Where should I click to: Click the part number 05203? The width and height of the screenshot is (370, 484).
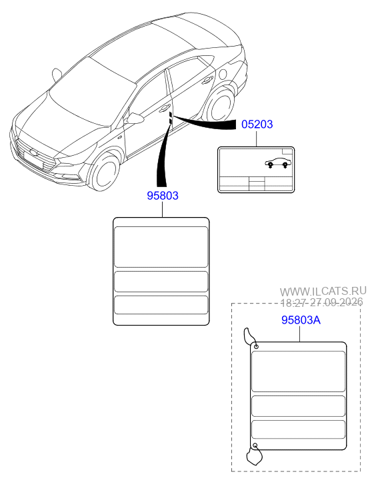(257, 124)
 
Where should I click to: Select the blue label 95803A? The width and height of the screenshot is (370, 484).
(301, 320)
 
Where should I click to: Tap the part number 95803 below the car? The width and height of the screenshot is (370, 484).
(162, 196)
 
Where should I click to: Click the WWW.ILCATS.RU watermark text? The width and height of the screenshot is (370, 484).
(323, 291)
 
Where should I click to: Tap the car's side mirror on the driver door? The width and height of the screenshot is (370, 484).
(135, 119)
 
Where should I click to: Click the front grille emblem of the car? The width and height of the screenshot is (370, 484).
(33, 152)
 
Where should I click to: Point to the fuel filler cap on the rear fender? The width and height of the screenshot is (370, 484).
(222, 74)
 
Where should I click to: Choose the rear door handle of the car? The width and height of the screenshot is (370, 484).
(207, 80)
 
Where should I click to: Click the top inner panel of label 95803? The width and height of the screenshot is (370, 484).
(161, 247)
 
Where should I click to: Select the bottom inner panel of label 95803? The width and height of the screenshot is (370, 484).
(161, 305)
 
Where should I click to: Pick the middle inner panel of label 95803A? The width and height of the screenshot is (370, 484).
(298, 406)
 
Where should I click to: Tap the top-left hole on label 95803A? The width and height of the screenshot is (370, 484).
(256, 347)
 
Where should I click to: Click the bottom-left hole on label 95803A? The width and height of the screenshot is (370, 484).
(255, 445)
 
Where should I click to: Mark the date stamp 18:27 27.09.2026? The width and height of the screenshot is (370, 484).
(321, 302)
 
